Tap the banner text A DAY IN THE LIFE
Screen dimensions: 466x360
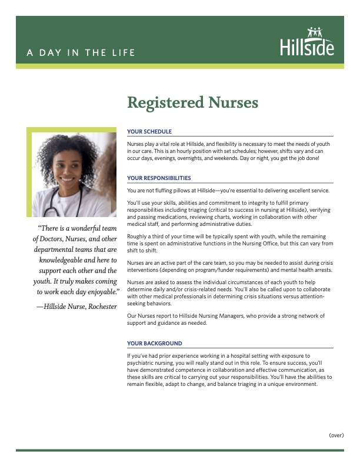[x=81, y=53]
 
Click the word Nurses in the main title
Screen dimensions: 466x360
[x=225, y=102]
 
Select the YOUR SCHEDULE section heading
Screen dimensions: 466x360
[x=149, y=132]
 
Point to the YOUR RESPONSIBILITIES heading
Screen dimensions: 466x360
[x=159, y=178]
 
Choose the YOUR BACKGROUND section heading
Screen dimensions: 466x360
[x=154, y=343]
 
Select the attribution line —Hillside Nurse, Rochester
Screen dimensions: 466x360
[x=76, y=307]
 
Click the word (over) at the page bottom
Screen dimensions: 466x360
[x=336, y=435]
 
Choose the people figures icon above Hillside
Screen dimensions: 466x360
[x=315, y=32]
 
